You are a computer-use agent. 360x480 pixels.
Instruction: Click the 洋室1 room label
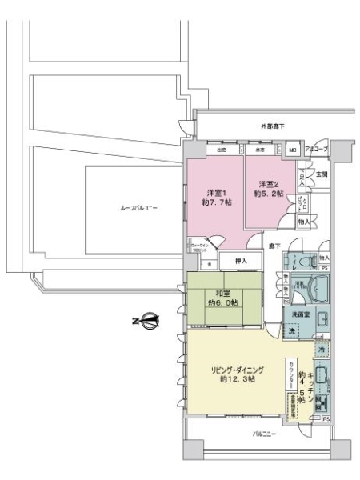tap(214, 193)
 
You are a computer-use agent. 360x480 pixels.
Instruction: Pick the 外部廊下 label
tap(272, 126)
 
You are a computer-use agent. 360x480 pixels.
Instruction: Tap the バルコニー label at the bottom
tap(265, 434)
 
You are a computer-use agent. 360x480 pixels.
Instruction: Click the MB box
tap(293, 150)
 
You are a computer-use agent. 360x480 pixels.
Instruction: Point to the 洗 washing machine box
tap(292, 331)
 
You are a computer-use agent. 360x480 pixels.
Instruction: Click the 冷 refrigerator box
tap(321, 350)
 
